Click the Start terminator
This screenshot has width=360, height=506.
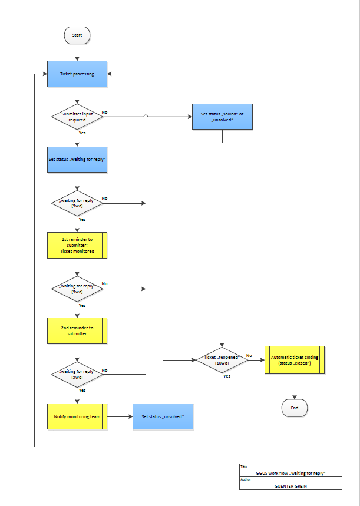click(77, 35)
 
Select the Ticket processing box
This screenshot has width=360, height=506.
click(77, 74)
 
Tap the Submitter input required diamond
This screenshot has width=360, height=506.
click(77, 116)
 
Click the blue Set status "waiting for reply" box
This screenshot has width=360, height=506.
click(77, 160)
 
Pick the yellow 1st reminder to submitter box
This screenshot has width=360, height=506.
click(77, 245)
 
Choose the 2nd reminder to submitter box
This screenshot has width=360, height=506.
click(77, 330)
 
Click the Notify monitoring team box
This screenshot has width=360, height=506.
click(77, 416)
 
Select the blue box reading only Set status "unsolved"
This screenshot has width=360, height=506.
click(163, 416)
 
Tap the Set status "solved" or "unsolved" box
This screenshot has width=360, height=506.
click(222, 116)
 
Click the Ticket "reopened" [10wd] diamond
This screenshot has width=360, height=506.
click(222, 359)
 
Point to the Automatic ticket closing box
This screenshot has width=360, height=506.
click(294, 360)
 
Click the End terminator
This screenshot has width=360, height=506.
click(294, 408)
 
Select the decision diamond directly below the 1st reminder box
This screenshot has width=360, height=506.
click(77, 288)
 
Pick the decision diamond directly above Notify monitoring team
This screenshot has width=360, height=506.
click(77, 374)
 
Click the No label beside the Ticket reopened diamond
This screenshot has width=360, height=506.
click(249, 355)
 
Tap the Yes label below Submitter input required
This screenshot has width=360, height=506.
click(82, 133)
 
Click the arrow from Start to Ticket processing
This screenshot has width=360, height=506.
click(77, 52)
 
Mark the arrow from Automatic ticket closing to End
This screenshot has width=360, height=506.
click(294, 386)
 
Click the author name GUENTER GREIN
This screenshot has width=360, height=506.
click(290, 486)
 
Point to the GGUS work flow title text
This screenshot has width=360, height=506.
click(290, 473)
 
